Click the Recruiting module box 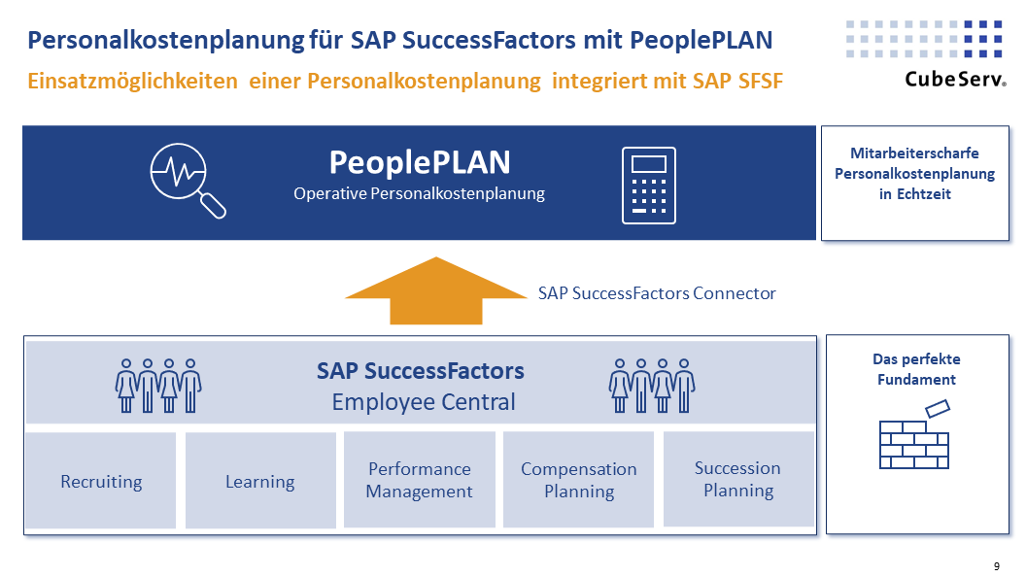pos(101,481)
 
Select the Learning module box pos(260,481)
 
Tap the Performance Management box pos(419,480)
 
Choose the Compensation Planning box pos(579,480)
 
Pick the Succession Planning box pos(737,479)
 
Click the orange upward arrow pos(435,290)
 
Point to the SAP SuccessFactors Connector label pos(657,292)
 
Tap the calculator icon pos(648,186)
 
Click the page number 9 pos(996,566)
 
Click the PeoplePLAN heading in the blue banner pos(419,161)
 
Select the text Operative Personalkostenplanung pos(419,193)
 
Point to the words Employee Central pos(423,401)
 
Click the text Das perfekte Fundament pos(916,369)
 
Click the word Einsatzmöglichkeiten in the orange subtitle pos(133,82)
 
